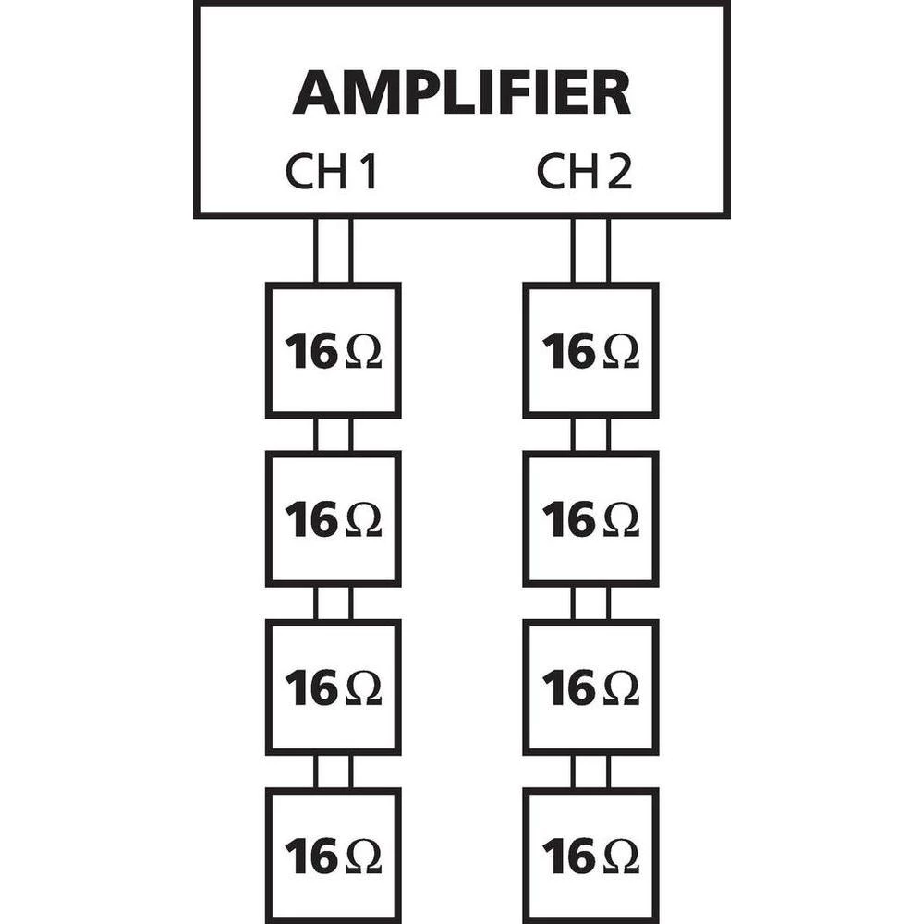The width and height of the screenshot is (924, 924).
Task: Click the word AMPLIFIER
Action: click(461, 93)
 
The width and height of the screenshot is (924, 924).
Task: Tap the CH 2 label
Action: click(585, 173)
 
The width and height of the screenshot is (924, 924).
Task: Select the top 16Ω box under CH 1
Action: click(333, 351)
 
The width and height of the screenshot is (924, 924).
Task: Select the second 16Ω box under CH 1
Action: click(333, 519)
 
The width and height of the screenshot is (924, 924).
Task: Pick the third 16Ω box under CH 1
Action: click(333, 687)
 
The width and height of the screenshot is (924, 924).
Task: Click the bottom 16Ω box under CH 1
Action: click(333, 856)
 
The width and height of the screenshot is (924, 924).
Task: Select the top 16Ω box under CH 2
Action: click(590, 351)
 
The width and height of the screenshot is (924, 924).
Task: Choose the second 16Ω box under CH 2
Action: click(590, 519)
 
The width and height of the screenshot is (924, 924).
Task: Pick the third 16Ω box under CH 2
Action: click(590, 687)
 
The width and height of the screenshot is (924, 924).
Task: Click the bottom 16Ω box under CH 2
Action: click(590, 856)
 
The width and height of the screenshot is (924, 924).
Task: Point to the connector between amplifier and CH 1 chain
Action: click(333, 250)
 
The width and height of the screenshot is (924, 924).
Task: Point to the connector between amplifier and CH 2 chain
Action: click(590, 250)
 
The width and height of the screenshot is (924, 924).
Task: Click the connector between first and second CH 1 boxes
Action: click(333, 434)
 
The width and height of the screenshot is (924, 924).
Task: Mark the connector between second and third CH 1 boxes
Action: click(333, 602)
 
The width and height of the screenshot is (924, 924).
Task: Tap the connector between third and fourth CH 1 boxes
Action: click(333, 771)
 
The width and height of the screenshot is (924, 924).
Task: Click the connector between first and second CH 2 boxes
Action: click(590, 434)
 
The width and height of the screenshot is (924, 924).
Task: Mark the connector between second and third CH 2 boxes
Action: click(590, 602)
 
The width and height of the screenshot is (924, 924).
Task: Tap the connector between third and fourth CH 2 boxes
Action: click(590, 771)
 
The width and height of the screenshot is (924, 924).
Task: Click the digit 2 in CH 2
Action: click(620, 173)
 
